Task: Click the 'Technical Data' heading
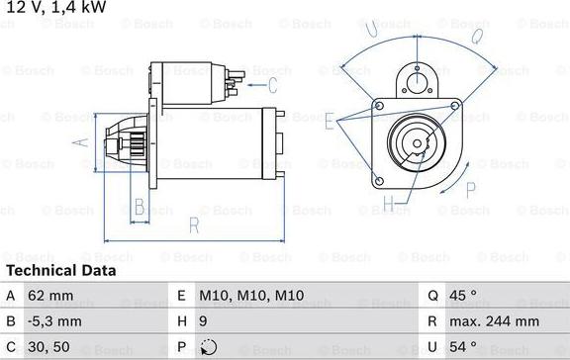click(61, 270)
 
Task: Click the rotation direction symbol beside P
click(207, 347)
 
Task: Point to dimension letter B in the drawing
click(140, 207)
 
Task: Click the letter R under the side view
click(194, 226)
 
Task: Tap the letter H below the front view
click(390, 204)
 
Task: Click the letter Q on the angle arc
click(476, 38)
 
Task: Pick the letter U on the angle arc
click(372, 34)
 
